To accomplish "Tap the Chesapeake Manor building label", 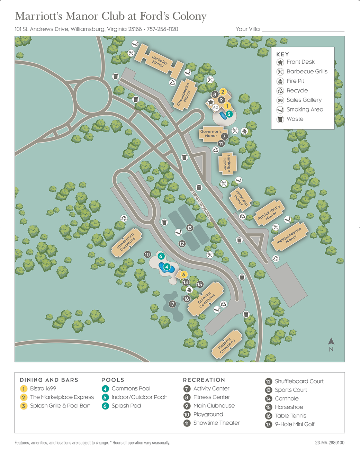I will coord(184,94).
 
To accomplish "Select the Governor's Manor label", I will coord(211,134).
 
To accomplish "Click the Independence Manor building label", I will coord(289,236).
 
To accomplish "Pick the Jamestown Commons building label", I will coord(126,242).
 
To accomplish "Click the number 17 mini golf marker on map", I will coord(172,304).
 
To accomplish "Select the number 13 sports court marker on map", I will coord(189,228).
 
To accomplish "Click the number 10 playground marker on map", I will coord(147,255).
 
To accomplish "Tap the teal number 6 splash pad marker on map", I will coord(161,256).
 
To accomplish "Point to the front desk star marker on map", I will coord(210,102).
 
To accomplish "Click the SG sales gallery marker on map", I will coord(216,108).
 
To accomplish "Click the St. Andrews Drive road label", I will coord(201,205).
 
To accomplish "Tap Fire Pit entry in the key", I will coord(295,81).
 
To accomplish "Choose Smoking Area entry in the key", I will coord(305,109).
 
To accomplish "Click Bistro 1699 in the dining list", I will coord(43,389).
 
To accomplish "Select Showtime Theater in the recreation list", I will coord(216,423).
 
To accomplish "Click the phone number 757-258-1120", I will coord(162,29).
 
